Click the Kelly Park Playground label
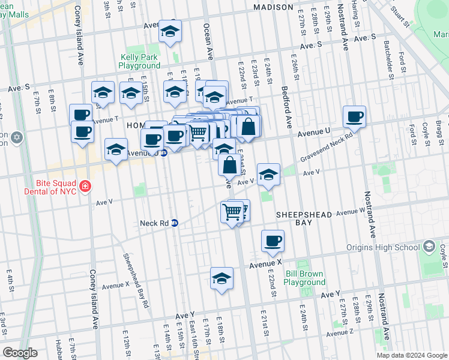[139, 62]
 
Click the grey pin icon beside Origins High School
[429, 247]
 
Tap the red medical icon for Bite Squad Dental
[85, 186]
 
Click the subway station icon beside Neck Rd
[175, 223]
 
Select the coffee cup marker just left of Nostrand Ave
[354, 116]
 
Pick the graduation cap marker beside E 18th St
[221, 278]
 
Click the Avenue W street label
[350, 212]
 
